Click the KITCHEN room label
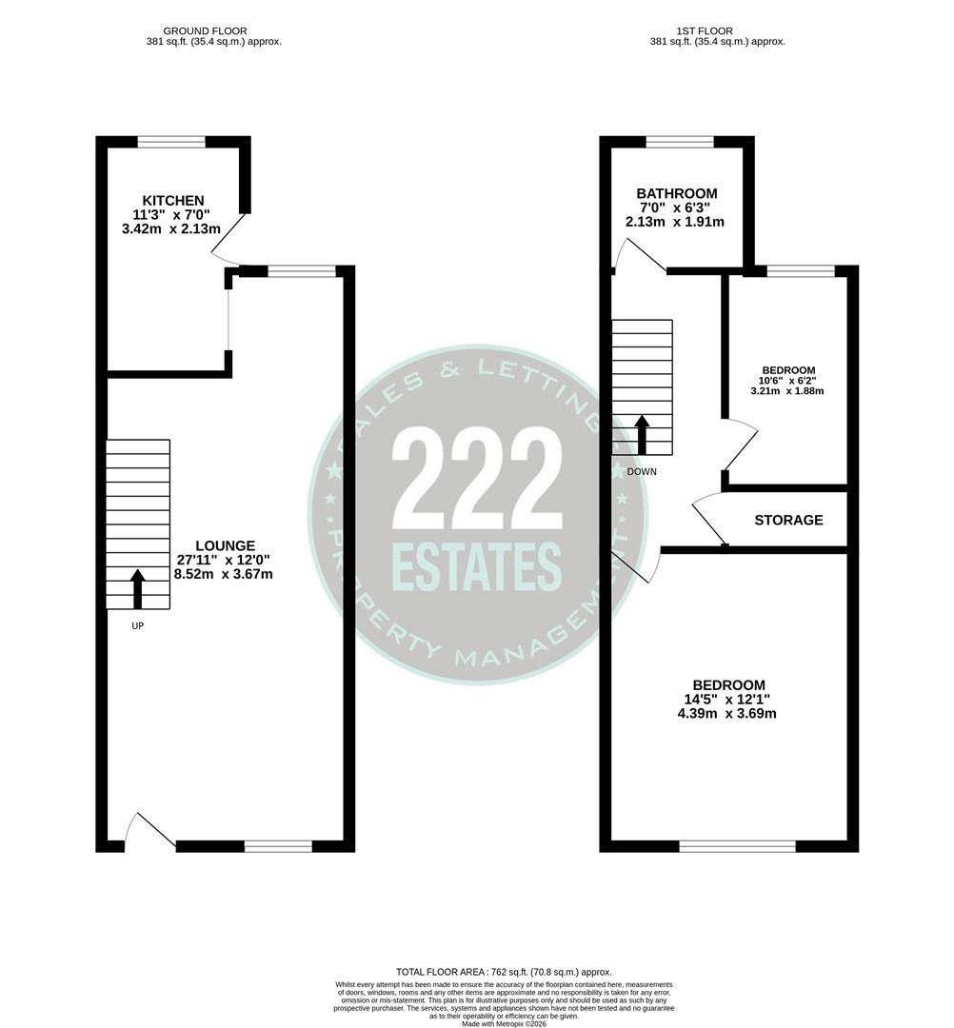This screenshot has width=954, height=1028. [172, 200]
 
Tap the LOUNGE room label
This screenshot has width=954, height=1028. [225, 545]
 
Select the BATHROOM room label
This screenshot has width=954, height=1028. [677, 193]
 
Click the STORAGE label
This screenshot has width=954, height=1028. [788, 521]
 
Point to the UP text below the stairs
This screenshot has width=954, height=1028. [137, 625]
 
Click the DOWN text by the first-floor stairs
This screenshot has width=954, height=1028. [642, 471]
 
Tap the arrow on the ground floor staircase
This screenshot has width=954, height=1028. [137, 588]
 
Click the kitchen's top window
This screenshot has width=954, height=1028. [171, 143]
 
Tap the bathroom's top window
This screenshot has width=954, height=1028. [680, 143]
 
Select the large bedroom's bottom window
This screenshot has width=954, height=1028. [738, 845]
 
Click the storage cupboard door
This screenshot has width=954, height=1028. [708, 521]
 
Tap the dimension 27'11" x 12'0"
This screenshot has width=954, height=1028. [225, 560]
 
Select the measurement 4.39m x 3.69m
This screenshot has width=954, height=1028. [728, 714]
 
